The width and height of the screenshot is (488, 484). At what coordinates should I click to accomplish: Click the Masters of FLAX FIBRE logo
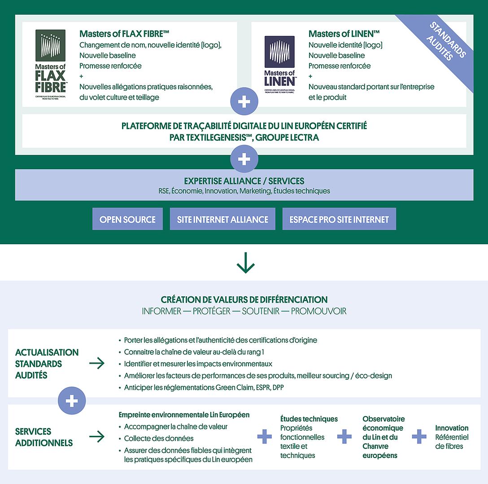coord(50,63)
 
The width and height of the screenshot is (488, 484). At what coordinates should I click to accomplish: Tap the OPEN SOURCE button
coord(127,219)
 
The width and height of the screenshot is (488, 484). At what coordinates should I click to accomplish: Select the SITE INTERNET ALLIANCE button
coord(222,219)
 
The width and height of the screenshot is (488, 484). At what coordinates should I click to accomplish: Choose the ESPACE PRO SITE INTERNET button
coord(339,219)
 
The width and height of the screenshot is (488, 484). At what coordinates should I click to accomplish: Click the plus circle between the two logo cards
coord(244,101)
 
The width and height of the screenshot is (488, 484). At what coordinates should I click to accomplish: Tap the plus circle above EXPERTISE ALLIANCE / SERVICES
coord(244,159)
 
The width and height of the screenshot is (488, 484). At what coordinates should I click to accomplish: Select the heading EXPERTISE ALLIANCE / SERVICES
coord(244,181)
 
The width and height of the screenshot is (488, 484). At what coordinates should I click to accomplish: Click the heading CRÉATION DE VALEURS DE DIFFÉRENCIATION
coord(244,299)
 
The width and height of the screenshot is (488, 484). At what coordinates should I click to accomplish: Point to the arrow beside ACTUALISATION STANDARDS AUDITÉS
coord(97,363)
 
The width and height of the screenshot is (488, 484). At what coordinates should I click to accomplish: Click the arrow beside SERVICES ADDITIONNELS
coord(97,436)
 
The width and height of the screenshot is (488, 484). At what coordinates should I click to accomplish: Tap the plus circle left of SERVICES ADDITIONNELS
coord(72,401)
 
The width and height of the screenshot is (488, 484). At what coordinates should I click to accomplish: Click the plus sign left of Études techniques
coord(264,436)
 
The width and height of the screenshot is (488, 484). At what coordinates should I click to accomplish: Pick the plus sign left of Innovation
coord(419,436)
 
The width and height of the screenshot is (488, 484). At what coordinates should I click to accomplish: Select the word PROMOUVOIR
coord(318,311)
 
